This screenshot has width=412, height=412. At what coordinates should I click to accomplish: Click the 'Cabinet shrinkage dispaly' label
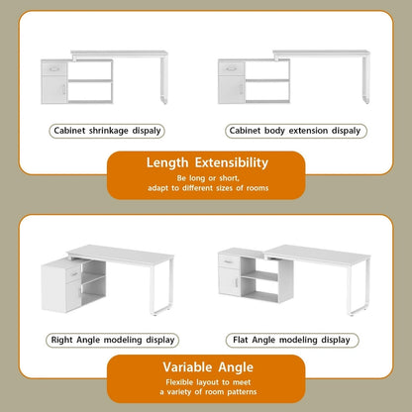tap(106, 130)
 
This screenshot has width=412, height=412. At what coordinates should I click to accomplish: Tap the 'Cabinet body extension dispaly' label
tap(295, 130)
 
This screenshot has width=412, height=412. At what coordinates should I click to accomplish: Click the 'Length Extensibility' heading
tap(207, 162)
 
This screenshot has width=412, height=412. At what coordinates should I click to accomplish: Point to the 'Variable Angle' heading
tap(207, 366)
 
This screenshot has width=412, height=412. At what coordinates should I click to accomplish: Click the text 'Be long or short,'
tap(207, 177)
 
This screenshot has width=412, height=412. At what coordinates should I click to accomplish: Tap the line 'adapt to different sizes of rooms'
tap(207, 188)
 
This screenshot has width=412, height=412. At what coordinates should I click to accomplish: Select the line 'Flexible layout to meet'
tap(207, 381)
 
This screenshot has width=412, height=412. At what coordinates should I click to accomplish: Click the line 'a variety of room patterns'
tap(207, 392)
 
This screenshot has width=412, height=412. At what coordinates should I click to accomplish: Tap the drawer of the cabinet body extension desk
tap(232, 69)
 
